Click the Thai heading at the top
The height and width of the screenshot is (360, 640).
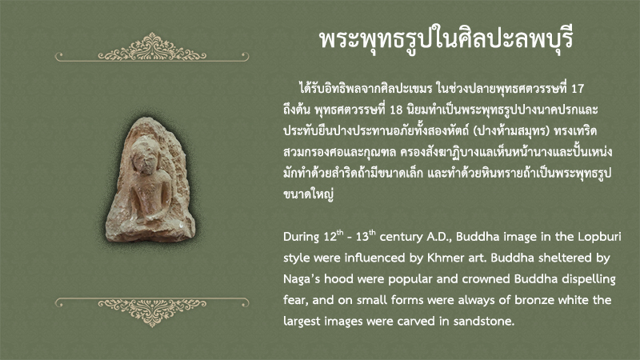446,39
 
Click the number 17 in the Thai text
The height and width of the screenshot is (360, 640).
577,89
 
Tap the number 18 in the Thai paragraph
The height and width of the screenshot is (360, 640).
396,110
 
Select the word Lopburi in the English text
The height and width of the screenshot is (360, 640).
599,237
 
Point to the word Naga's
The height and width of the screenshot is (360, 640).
302,279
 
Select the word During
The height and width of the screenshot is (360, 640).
302,237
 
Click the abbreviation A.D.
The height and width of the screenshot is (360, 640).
438,237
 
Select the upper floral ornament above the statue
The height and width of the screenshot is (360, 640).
152,48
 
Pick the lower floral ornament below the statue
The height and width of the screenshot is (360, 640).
152,312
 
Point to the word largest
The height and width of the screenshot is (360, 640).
302,322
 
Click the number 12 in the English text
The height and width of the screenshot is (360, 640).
330,237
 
